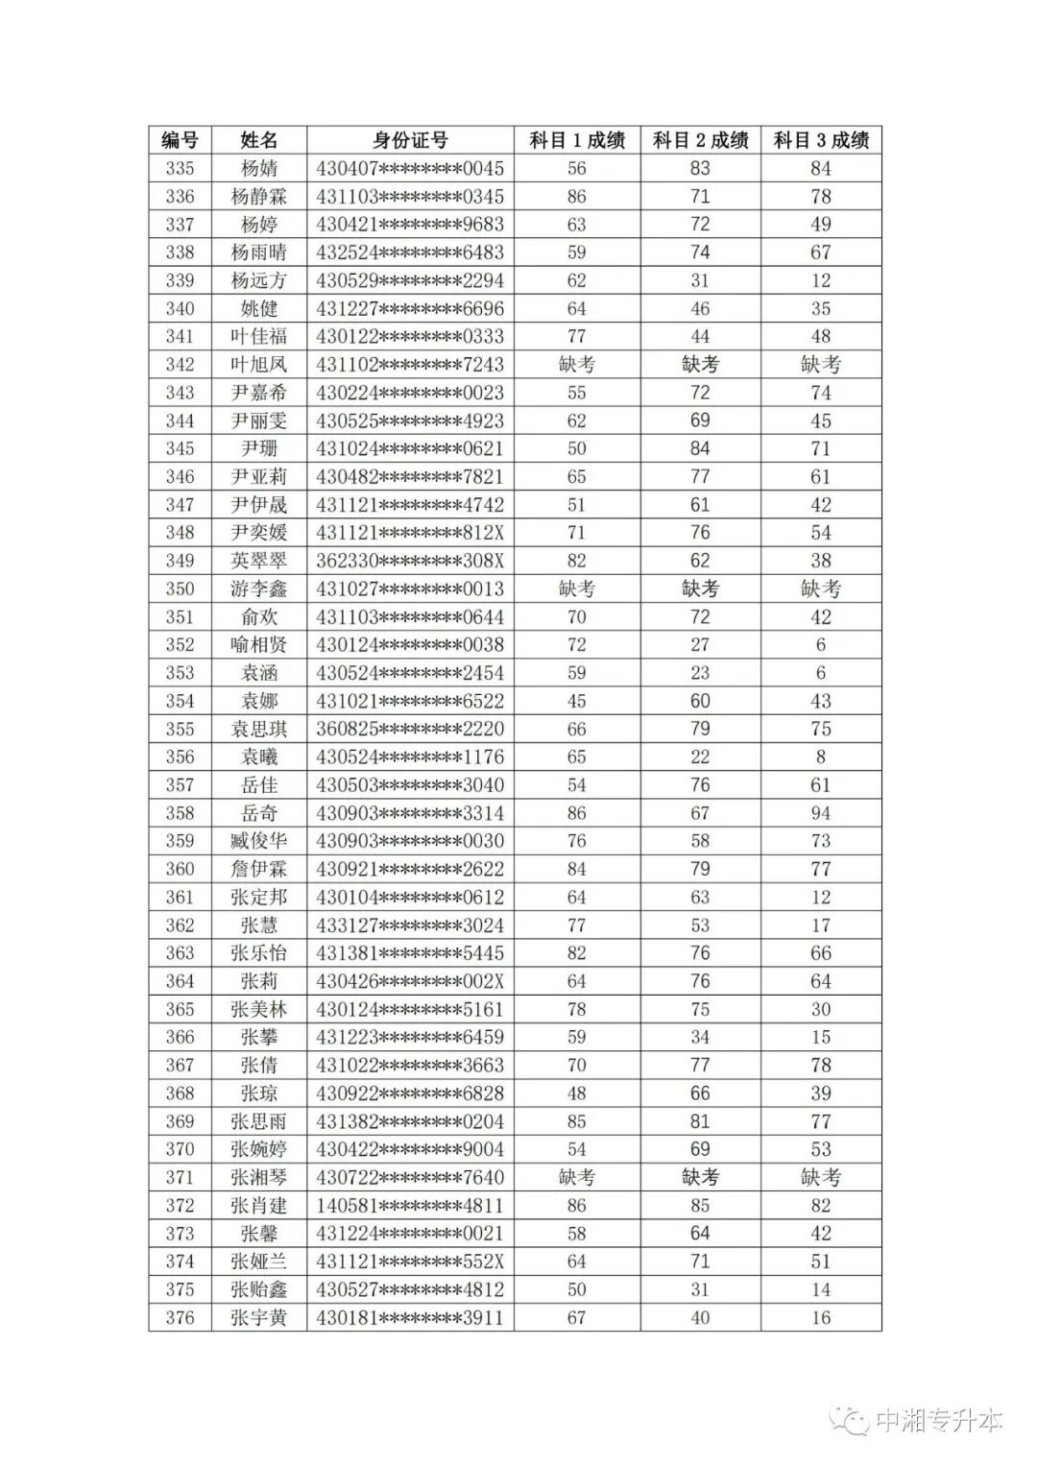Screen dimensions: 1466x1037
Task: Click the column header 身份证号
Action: [x=410, y=140]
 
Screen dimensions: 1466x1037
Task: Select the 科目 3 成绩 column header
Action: [x=821, y=140]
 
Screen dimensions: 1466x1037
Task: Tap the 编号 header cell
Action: [x=180, y=140]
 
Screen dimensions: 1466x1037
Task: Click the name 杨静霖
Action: [x=258, y=197]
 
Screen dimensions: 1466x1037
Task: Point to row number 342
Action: [x=180, y=365]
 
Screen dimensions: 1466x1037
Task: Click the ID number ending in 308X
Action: [x=410, y=561]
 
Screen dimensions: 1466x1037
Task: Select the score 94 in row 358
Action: [x=821, y=813]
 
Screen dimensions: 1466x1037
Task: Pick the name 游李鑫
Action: [x=258, y=589]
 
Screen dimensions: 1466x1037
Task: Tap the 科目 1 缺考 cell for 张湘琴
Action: [x=576, y=1177]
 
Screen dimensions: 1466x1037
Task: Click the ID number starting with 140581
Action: [x=410, y=1206]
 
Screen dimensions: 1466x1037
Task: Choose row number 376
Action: [x=180, y=1317]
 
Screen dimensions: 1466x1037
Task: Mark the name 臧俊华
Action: [x=258, y=841]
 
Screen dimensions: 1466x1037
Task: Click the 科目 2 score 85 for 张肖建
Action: [x=700, y=1206]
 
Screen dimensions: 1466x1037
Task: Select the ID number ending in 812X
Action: [x=410, y=533]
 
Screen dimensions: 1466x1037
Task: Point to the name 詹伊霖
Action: [x=258, y=869]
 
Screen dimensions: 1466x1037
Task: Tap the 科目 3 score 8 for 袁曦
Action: [x=821, y=757]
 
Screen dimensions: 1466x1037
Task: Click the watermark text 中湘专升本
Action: [x=938, y=1420]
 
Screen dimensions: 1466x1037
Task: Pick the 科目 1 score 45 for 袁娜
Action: [x=576, y=701]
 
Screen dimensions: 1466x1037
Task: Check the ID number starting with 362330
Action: [x=410, y=561]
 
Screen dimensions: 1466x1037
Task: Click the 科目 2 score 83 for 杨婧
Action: [x=700, y=169]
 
